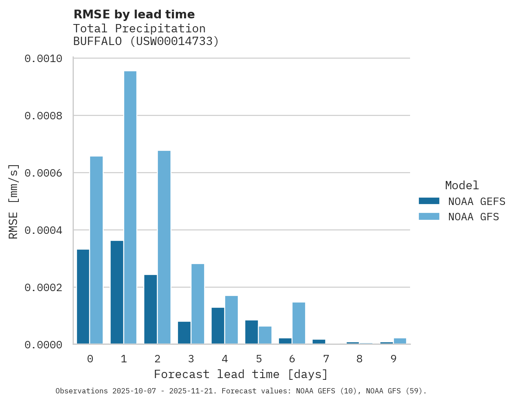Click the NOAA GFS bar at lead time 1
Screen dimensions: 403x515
pyautogui.click(x=130, y=208)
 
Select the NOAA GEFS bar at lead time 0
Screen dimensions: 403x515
pyautogui.click(x=83, y=297)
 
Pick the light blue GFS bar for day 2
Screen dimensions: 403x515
pyautogui.click(x=164, y=247)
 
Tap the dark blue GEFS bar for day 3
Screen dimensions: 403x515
pyautogui.click(x=184, y=333)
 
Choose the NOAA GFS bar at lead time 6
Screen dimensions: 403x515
pyautogui.click(x=299, y=323)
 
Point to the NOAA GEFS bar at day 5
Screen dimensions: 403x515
pyautogui.click(x=251, y=332)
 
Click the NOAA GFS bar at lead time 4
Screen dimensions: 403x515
pyautogui.click(x=231, y=320)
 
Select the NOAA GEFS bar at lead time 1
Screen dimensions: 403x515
pyautogui.click(x=117, y=292)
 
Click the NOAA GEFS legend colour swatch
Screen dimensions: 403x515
pyautogui.click(x=429, y=201)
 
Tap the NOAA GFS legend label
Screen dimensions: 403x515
pyautogui.click(x=473, y=217)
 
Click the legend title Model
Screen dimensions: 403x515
pyautogui.click(x=462, y=186)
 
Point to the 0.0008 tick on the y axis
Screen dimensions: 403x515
pyautogui.click(x=43, y=116)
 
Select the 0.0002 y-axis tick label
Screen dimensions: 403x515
pyautogui.click(x=43, y=288)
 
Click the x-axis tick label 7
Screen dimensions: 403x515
pyautogui.click(x=326, y=359)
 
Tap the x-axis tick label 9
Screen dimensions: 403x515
pyautogui.click(x=393, y=359)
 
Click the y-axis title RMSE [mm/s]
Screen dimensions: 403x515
pyautogui.click(x=14, y=201)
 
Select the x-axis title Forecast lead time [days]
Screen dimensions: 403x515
pyautogui.click(x=241, y=375)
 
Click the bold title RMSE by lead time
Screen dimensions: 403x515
pyautogui.click(x=134, y=14)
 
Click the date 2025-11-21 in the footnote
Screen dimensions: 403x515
pyautogui.click(x=199, y=391)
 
